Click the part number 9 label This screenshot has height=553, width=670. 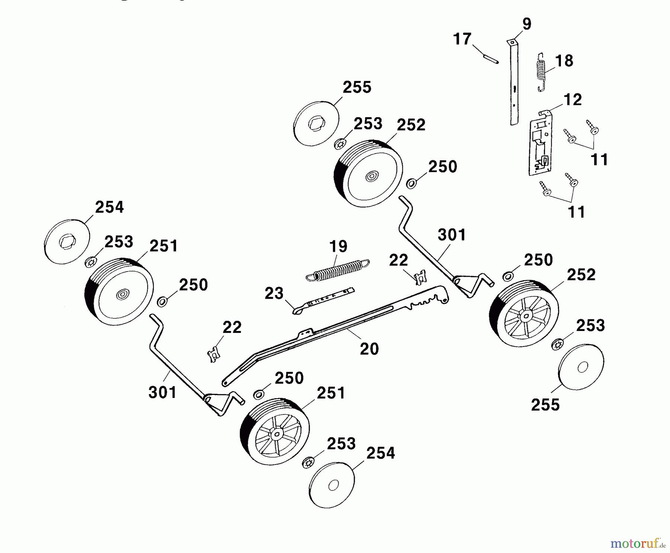pos(527,24)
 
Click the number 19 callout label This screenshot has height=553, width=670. pos(338,246)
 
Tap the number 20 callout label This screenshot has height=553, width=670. pos(369,349)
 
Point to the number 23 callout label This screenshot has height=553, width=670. pos(274,294)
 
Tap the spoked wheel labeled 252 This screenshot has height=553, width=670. pos(524,315)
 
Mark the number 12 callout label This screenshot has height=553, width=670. pos(572,100)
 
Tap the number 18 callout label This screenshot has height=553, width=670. pos(564,61)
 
